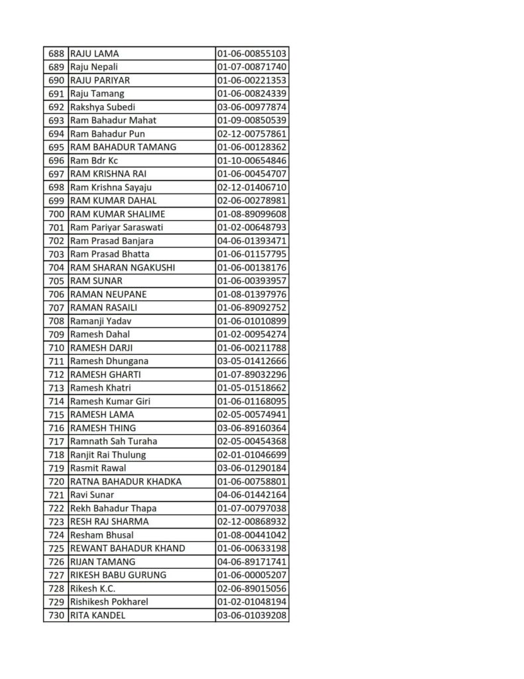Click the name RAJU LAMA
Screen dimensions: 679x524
point(94,54)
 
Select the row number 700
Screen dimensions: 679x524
point(56,214)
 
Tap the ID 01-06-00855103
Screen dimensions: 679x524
point(252,54)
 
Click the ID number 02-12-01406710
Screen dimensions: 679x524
point(252,187)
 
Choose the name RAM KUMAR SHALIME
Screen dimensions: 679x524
point(117,214)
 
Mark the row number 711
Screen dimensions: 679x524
point(56,361)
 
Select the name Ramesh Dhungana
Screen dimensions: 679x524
point(109,361)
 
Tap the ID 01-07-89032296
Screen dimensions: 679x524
point(252,375)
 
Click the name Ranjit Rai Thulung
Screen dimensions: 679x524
point(108,455)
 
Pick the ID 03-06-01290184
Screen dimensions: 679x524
point(252,468)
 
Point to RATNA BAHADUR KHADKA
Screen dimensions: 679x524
point(125,481)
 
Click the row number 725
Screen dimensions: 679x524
point(56,548)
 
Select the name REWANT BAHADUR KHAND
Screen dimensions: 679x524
point(127,548)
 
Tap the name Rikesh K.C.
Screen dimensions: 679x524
point(93,588)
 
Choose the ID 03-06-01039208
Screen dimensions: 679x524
point(252,615)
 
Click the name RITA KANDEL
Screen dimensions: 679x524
point(97,615)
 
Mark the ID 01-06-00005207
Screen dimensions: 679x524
point(252,575)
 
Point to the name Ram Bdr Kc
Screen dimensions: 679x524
point(94,160)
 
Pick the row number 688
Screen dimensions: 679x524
point(56,54)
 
